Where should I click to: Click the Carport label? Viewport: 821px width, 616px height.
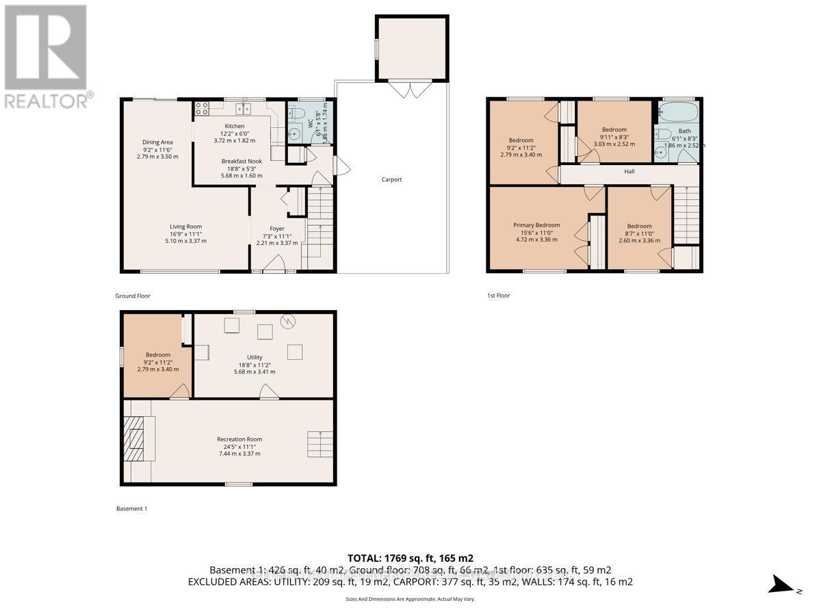pos(391,180)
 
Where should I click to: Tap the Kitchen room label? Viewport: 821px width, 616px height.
pos(235,126)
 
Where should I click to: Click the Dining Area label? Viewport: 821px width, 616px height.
pos(157,142)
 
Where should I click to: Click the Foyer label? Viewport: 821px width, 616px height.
pos(276,229)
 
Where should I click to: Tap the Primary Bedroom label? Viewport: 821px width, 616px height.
pos(536,225)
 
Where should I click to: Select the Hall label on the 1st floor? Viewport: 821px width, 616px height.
pos(629,172)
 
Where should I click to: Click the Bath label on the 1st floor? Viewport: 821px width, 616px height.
pos(684,131)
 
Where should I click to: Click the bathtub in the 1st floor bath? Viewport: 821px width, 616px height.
pos(678,112)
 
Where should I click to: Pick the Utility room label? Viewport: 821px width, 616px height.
pos(255,357)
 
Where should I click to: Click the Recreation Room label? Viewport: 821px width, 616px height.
pos(239,439)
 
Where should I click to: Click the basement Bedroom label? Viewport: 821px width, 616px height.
pos(157,355)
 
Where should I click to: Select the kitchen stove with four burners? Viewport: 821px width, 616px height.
pos(203,108)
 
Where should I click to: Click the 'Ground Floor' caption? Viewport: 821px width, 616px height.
pos(133,296)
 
